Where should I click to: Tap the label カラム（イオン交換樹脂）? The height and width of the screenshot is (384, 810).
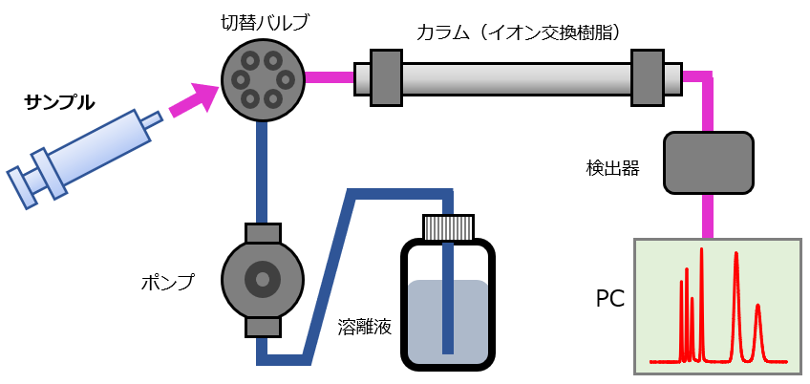[x=520, y=32]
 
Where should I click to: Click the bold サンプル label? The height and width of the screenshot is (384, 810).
[x=59, y=100]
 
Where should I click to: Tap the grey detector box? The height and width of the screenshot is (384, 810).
[x=708, y=161]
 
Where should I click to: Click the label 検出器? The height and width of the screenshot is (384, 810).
[x=612, y=169]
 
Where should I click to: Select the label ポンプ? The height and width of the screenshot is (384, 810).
[x=166, y=282]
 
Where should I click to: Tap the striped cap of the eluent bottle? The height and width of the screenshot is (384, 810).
[x=448, y=226]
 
